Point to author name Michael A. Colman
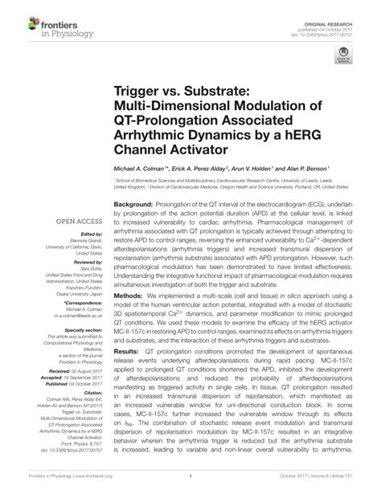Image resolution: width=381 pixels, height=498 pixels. point(137,171)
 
